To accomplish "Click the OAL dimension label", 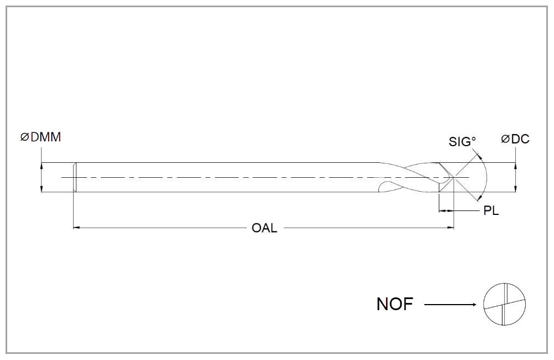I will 264,228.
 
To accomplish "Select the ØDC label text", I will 515,139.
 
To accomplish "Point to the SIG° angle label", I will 462,141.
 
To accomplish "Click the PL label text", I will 491,212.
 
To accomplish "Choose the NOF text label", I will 394,304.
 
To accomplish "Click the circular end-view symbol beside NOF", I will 504,305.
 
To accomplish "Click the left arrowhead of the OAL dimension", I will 76,227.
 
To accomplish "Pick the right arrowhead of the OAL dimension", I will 450,227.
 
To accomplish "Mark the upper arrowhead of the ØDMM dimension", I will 42,166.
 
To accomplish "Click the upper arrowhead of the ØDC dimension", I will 516,166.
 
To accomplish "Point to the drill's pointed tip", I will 454,177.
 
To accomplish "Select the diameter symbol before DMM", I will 24,138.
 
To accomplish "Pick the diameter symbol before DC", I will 505,139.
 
